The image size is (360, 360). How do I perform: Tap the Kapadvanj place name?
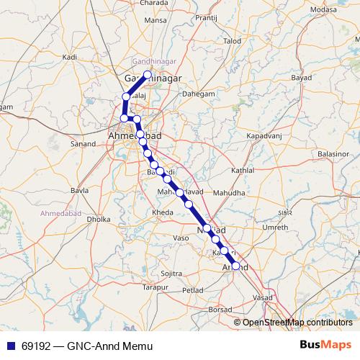coord(264,135)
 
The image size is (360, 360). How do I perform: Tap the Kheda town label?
coord(162,213)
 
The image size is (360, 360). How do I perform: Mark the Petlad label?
coord(194,290)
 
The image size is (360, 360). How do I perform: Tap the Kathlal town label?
coord(243,171)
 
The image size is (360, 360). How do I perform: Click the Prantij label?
coord(206,17)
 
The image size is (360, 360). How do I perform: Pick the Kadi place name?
coord(70,56)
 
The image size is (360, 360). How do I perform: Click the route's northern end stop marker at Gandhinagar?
coord(148,75)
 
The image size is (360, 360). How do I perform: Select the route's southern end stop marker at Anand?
coord(235,266)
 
